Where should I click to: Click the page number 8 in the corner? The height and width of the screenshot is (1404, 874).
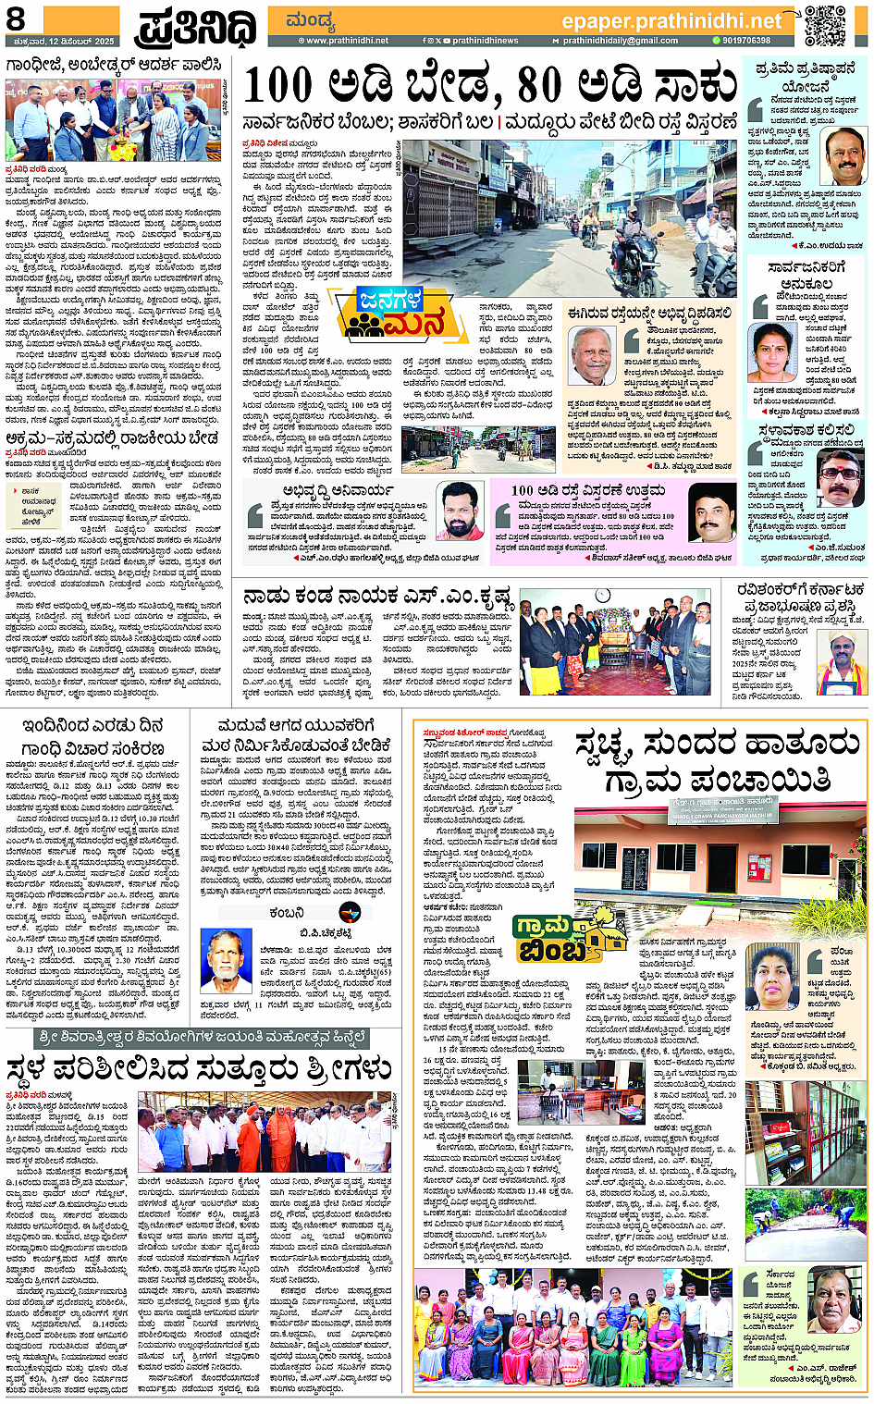click(x=16, y=18)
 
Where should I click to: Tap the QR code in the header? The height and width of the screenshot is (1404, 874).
click(x=823, y=25)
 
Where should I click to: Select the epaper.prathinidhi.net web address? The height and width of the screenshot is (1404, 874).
click(x=671, y=20)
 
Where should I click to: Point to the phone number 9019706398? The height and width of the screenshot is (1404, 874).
click(x=745, y=41)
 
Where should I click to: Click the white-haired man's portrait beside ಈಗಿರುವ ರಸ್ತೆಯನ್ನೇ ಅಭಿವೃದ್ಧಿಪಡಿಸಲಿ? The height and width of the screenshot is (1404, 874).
click(x=589, y=355)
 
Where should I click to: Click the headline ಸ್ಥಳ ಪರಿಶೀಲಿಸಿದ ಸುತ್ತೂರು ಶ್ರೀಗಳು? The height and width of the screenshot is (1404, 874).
click(x=199, y=1070)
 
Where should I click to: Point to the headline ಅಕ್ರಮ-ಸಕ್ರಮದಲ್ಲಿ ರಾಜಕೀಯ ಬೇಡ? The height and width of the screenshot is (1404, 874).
click(x=112, y=437)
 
